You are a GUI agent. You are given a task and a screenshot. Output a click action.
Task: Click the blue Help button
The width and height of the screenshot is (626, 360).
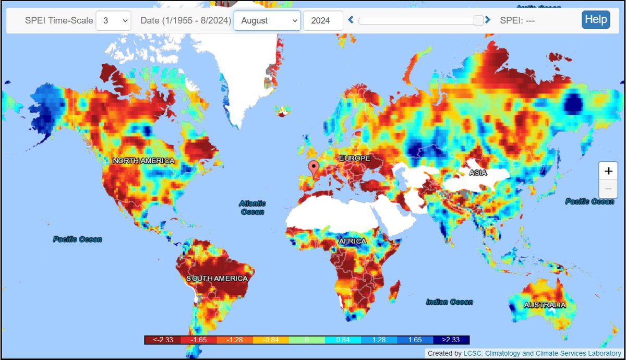tap(596, 20)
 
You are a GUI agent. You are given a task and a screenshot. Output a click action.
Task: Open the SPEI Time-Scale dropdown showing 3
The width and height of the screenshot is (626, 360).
tap(113, 21)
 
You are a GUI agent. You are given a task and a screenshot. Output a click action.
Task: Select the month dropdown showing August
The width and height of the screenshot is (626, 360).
tap(267, 21)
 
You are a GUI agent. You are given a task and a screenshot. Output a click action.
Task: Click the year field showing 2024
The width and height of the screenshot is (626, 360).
tap(323, 21)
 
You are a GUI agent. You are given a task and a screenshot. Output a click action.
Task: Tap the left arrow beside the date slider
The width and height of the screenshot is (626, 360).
tap(351, 20)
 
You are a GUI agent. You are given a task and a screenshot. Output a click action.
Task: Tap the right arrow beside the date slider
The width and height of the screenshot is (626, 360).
tap(488, 20)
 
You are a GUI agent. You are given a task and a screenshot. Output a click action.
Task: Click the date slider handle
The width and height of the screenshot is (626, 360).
tap(478, 20)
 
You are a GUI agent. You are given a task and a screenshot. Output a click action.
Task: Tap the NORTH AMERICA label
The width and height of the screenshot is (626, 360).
tap(143, 161)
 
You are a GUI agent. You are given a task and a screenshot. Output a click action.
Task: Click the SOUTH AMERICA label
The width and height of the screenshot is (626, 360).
tap(217, 279)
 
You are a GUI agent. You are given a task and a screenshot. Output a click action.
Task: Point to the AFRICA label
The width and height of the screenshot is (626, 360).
tap(353, 241)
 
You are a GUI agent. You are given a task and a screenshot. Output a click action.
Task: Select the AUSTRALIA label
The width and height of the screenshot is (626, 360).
tap(545, 305)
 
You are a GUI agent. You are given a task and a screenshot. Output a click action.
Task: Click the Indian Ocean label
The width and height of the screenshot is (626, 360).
tap(449, 302)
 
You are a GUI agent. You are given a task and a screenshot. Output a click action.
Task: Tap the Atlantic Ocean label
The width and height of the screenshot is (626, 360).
tap(252, 208)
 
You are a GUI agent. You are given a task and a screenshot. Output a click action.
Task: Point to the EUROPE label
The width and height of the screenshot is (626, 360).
tap(354, 158)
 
